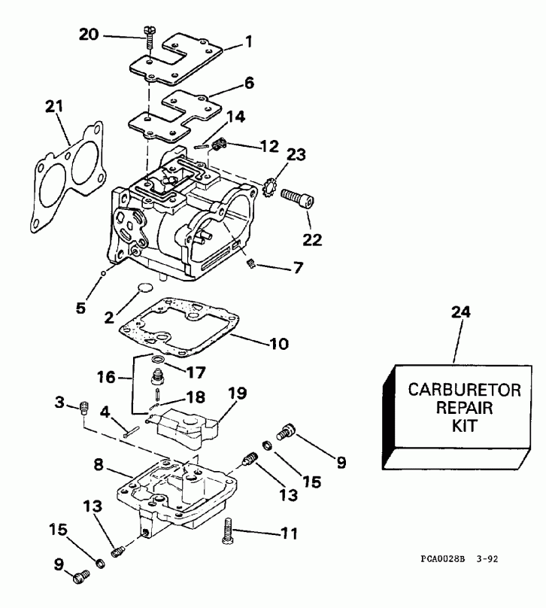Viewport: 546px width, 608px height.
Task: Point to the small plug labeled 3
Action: coord(84,409)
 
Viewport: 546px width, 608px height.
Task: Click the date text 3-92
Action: coord(488,560)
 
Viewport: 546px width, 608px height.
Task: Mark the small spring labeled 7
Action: coord(253,263)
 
